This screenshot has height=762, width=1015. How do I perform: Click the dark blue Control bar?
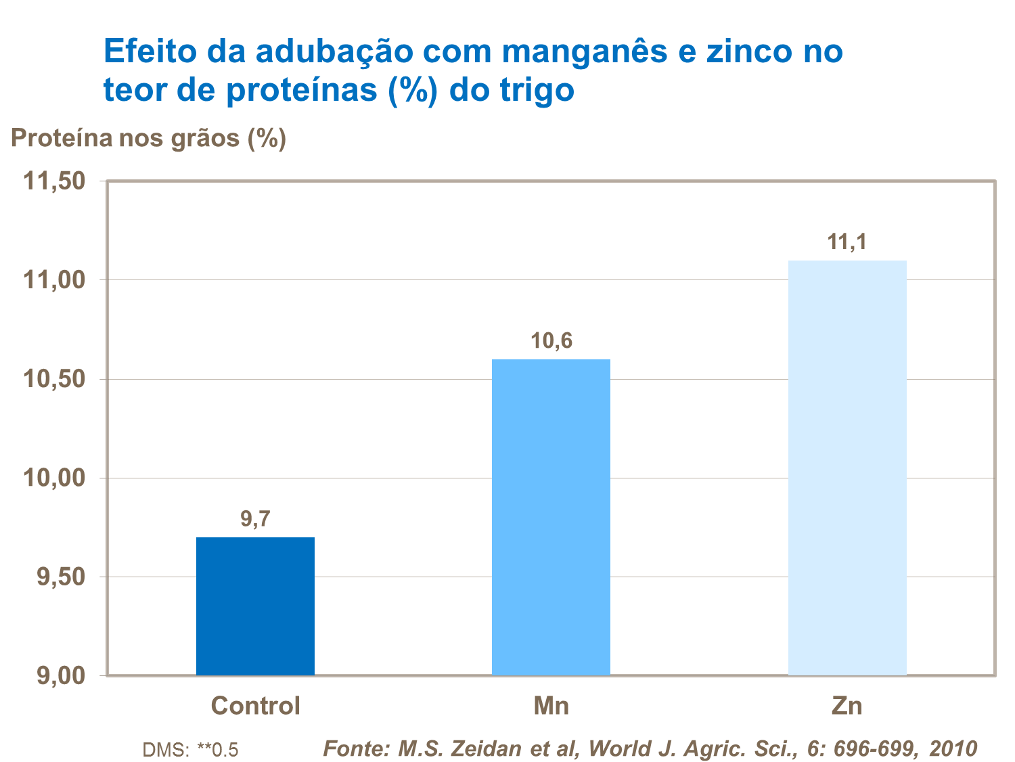pos(255,606)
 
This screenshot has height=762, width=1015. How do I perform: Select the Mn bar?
pos(551,517)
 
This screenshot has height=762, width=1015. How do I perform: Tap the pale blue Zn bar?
pos(847,468)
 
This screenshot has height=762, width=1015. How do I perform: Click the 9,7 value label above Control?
pos(255,519)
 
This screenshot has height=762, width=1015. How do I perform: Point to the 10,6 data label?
pos(551,340)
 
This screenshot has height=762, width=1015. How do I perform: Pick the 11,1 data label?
pos(847,242)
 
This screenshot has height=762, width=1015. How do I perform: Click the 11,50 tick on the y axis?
pos(54,181)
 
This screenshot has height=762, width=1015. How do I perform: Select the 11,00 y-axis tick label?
pos(54,280)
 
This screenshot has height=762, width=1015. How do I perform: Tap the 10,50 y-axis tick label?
pos(54,379)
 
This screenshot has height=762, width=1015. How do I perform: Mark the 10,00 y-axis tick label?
pos(54,478)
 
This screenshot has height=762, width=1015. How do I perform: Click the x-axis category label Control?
pos(255,706)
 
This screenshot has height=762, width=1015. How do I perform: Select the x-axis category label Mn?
pos(551,706)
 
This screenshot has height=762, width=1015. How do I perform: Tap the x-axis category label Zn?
pos(847,706)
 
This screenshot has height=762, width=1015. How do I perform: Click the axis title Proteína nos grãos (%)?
pos(148,138)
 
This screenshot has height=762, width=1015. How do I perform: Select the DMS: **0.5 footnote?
pos(190,750)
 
